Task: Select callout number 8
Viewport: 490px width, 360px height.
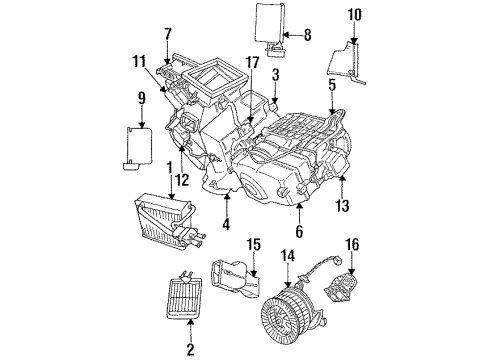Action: click(308, 35)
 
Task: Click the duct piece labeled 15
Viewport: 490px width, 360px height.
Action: click(232, 286)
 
